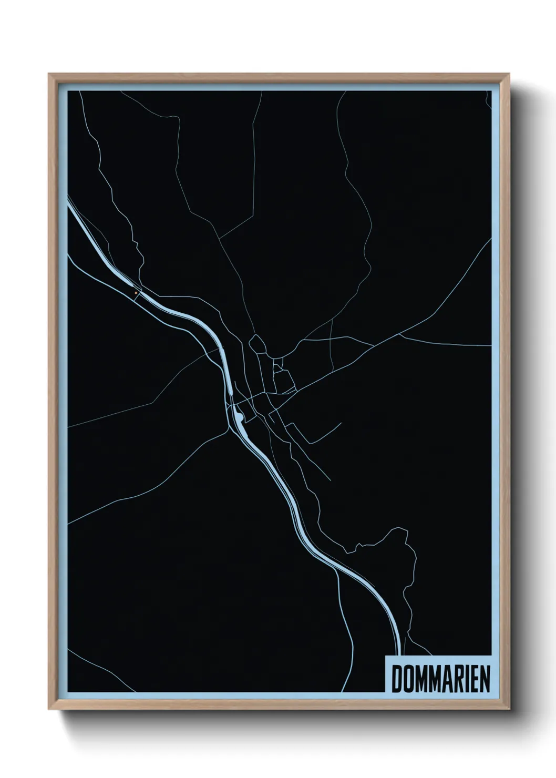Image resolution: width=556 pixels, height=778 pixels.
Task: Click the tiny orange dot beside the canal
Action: [x=136, y=293]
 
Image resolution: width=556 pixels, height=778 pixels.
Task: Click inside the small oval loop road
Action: [x=258, y=345]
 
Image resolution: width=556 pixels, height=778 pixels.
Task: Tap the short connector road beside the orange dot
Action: [x=138, y=295]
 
